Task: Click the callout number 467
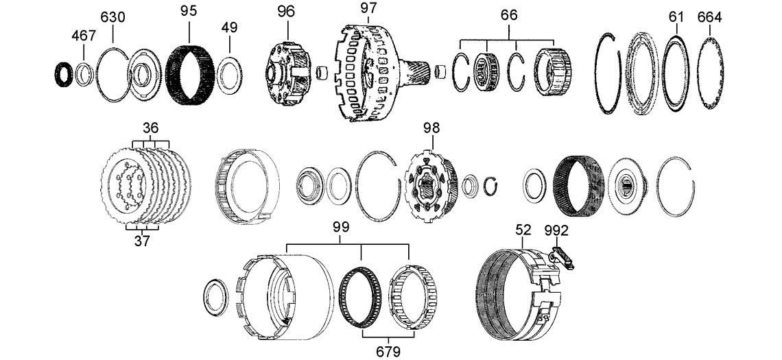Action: [x=84, y=36]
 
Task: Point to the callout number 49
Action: [x=229, y=27]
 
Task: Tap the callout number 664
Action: [x=709, y=18]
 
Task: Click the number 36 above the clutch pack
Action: [x=150, y=128]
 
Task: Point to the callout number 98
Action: [x=432, y=127]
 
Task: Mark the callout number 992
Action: [x=556, y=230]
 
